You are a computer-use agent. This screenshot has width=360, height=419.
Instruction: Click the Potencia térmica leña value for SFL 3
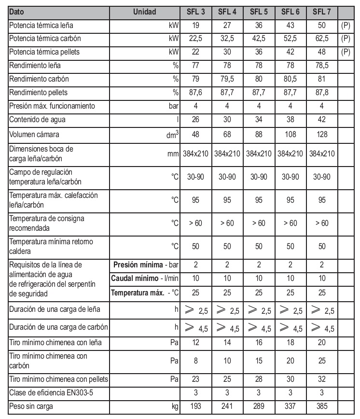point(196,25)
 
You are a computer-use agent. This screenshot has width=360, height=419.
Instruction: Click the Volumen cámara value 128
point(322,134)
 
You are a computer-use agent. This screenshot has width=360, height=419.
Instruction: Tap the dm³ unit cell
point(172,135)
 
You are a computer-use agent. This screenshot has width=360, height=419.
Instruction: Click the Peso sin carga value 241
point(228,406)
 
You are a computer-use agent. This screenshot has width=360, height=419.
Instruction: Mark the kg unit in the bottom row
point(174,407)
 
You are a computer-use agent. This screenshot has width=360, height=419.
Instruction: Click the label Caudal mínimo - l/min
point(145,279)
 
